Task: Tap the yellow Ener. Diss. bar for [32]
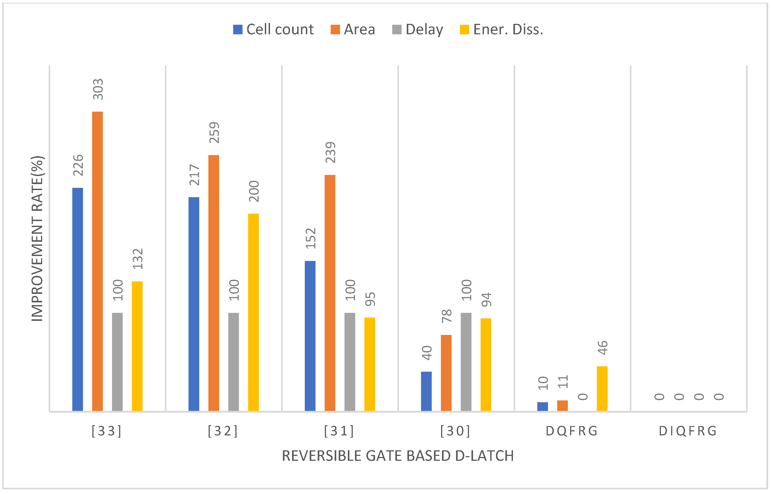coord(253,312)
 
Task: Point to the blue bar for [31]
coord(310,336)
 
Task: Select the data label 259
coord(214,133)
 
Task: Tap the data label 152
coord(311,238)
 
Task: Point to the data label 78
coord(446,316)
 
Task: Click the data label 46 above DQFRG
coord(602,348)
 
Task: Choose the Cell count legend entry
coord(273,29)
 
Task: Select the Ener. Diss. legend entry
coord(501,29)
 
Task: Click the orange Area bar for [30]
coord(446,373)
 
